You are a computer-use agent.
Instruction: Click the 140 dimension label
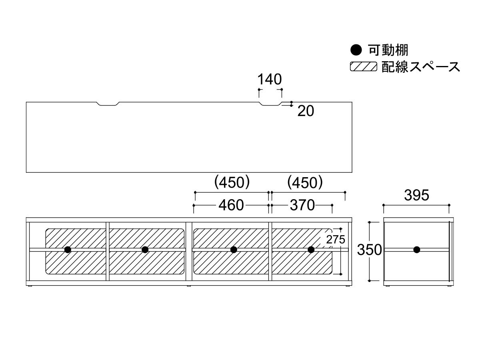[270, 79]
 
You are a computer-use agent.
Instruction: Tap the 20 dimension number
[306, 111]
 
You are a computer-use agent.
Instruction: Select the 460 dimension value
[231, 205]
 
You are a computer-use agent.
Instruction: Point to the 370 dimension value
[302, 205]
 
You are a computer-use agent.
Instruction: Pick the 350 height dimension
[369, 250]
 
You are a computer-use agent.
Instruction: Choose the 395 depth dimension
[416, 195]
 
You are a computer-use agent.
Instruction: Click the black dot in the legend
[356, 51]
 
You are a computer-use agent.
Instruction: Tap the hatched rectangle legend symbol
[363, 66]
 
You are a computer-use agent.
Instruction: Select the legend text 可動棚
[388, 51]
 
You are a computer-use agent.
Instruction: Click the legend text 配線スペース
[421, 66]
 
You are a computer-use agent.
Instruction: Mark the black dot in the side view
[417, 250]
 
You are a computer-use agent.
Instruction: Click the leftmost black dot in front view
[68, 250]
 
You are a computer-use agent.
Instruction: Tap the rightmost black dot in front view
[311, 250]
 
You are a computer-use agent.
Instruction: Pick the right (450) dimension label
[305, 183]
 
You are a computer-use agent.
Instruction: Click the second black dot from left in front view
[145, 250]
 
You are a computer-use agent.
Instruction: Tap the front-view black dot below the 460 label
[234, 250]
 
